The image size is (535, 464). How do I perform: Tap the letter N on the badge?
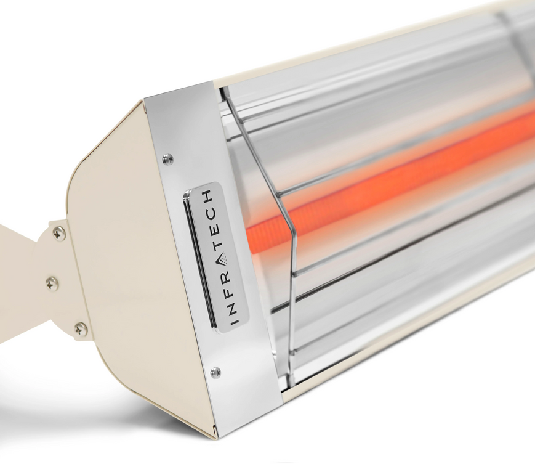click(231, 306)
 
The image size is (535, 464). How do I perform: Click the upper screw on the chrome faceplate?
click(167, 160)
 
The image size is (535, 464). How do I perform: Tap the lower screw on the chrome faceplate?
click(215, 372)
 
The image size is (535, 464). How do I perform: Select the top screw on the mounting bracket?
click(59, 233)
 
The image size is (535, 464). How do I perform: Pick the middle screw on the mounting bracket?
click(52, 283)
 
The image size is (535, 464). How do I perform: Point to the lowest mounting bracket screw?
click(81, 329)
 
